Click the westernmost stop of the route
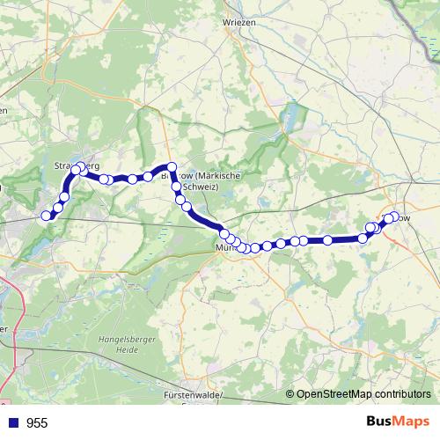(x=46, y=216)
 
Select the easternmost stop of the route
(x=393, y=216)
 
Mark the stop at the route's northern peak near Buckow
(x=172, y=167)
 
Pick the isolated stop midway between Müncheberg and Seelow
(x=327, y=239)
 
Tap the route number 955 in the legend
(x=37, y=423)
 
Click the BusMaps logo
(x=398, y=422)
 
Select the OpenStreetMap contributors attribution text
(x=363, y=395)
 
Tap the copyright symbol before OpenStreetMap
(x=290, y=395)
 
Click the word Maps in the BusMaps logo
(x=413, y=422)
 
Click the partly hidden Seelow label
(x=400, y=217)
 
